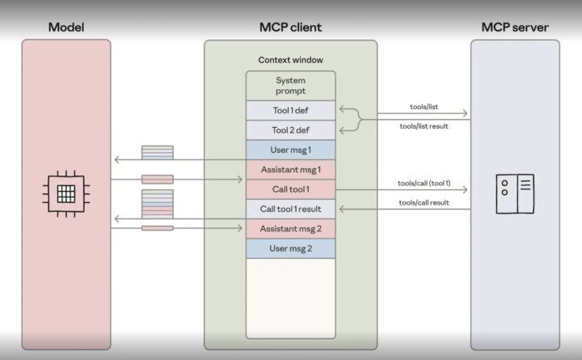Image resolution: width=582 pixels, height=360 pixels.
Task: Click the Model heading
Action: tap(66, 28)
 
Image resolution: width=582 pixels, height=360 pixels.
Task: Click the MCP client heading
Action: tap(290, 28)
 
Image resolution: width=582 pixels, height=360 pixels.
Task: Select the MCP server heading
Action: tap(515, 28)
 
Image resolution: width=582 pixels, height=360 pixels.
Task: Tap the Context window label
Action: tap(290, 60)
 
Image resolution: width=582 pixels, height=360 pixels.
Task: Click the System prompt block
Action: tap(290, 86)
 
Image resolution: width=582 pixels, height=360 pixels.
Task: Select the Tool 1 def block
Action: tap(290, 111)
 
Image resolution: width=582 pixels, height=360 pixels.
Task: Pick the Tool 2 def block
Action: tap(290, 130)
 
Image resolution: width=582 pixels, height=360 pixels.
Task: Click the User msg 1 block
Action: tap(290, 150)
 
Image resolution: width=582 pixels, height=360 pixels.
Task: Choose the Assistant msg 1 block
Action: tap(290, 170)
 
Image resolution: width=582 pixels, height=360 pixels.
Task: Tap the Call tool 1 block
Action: tap(290, 189)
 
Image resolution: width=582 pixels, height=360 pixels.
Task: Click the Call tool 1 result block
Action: tap(290, 210)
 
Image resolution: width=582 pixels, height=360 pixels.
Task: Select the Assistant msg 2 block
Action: tap(290, 229)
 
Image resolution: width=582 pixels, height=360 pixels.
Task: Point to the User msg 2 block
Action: tap(290, 248)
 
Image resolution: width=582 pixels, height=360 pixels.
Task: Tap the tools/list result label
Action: tap(424, 126)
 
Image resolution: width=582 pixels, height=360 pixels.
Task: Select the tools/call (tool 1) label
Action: tap(424, 184)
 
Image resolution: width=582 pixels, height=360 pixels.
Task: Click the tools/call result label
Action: tap(424, 202)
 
